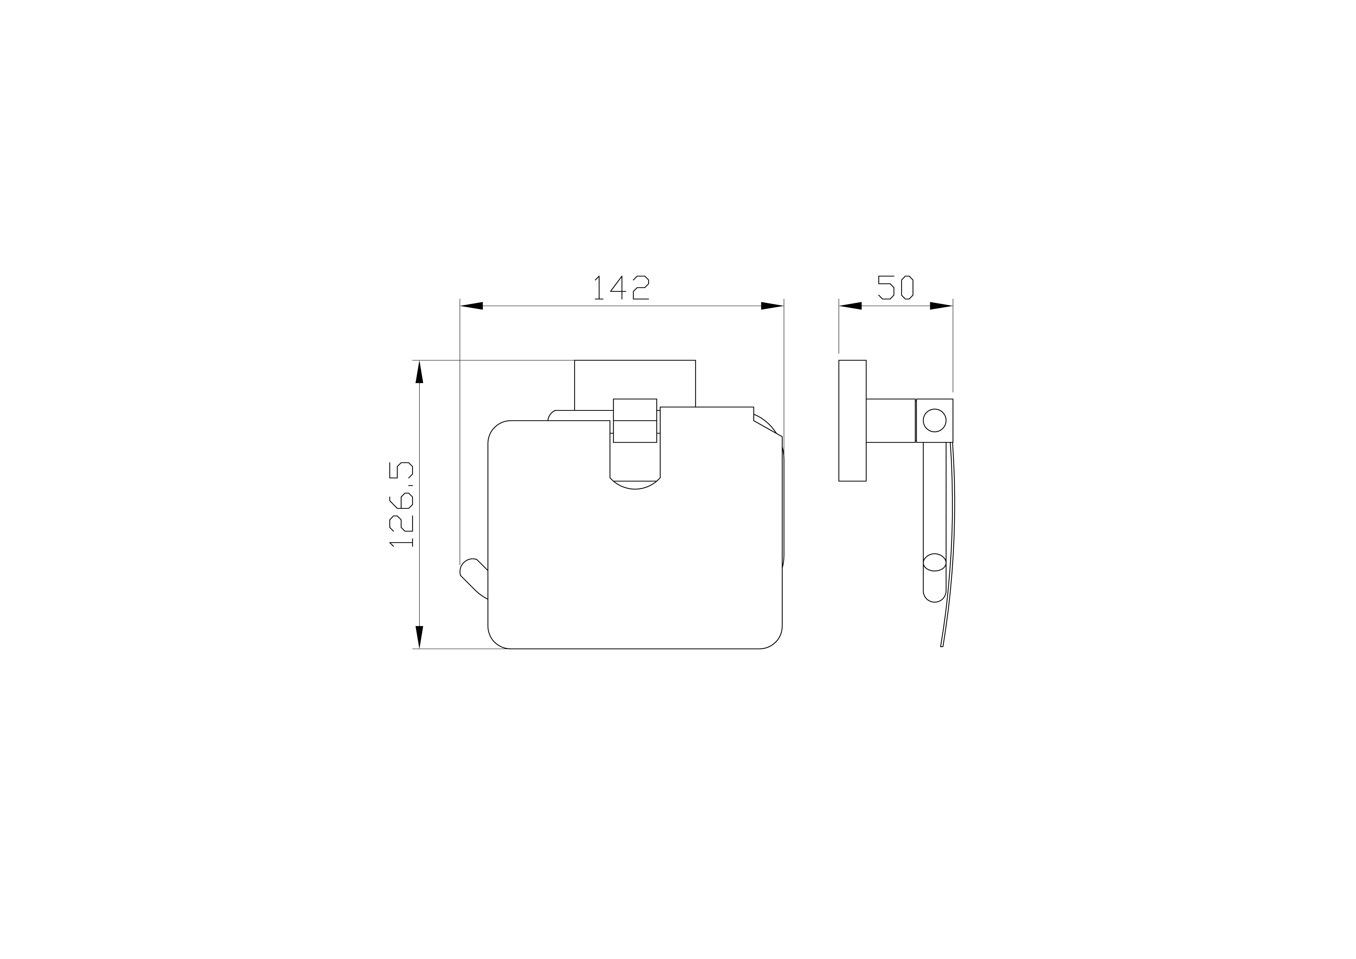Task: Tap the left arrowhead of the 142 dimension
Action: point(471,306)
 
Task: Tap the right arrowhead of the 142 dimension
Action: point(772,306)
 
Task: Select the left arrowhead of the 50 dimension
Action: point(850,306)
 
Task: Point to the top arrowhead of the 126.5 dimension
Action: point(419,372)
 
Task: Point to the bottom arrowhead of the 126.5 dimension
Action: point(419,637)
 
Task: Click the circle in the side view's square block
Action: point(934,420)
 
